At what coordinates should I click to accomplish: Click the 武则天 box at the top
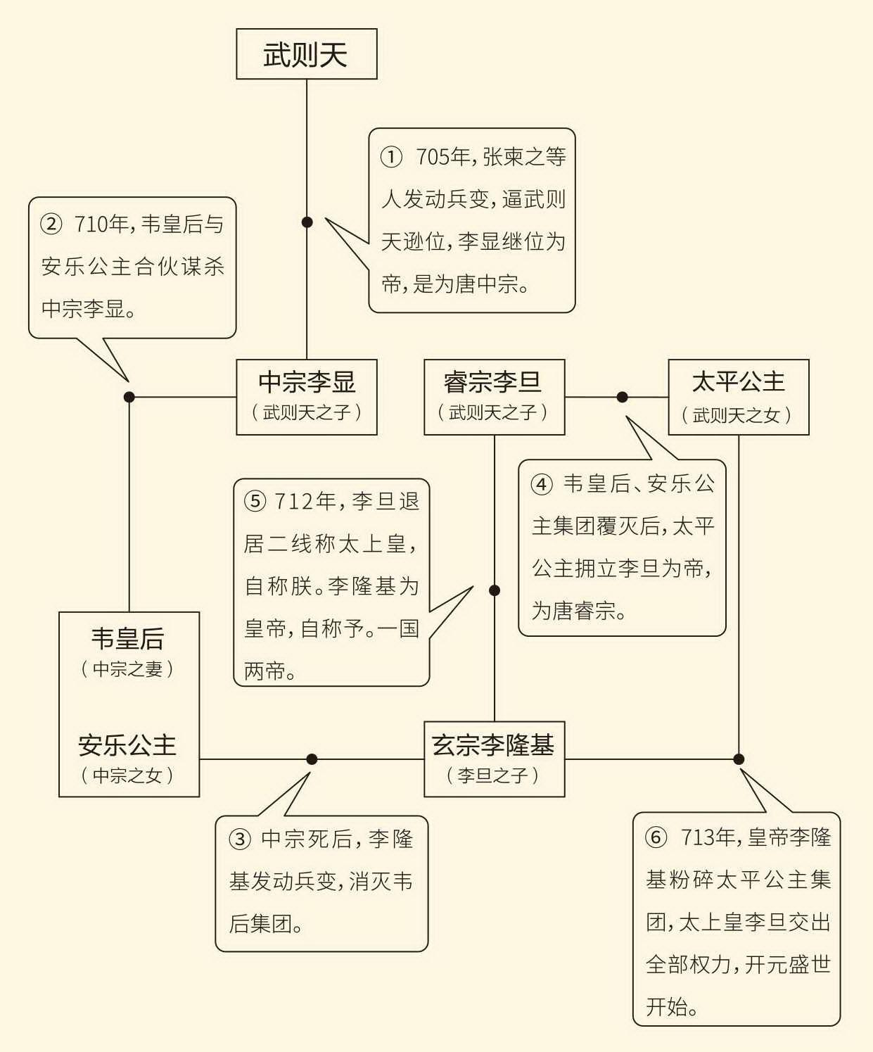307,54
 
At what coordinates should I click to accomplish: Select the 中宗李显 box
307,397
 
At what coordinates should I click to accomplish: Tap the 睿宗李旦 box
494,397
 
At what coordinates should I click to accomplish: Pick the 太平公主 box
739,397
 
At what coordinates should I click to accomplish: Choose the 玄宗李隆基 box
494,759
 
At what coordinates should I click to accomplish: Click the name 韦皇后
128,639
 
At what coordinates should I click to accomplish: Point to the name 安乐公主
127,745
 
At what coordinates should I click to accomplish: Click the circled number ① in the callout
391,157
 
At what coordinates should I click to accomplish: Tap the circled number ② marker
51,224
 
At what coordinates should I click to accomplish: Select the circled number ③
240,839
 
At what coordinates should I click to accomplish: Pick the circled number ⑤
255,501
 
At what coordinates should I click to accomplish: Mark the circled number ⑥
656,837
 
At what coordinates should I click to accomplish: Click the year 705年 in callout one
442,157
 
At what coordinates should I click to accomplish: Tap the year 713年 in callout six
708,837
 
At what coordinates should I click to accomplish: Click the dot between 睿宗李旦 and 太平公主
622,397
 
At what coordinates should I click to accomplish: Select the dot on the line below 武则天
307,222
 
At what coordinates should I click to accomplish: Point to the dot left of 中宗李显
129,397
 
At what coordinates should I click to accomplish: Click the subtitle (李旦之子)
493,775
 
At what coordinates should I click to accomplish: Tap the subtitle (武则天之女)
737,415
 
